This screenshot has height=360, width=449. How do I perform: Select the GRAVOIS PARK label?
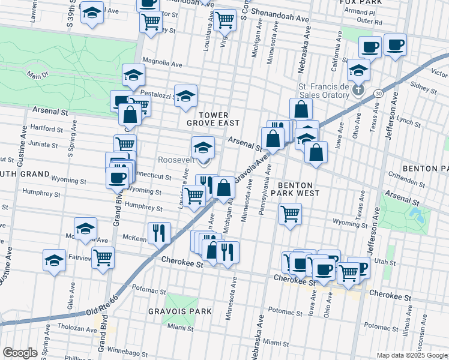[181, 311]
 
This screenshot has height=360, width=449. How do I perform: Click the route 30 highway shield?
[377, 94]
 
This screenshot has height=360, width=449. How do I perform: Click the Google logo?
[20, 352]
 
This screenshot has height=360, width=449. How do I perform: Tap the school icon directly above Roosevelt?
[203, 146]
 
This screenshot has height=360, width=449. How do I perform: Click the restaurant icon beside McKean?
[159, 232]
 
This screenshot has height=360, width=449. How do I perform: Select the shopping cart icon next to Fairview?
[103, 257]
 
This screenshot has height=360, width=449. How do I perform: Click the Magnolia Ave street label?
[162, 63]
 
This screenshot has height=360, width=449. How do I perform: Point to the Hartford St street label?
[47, 128]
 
